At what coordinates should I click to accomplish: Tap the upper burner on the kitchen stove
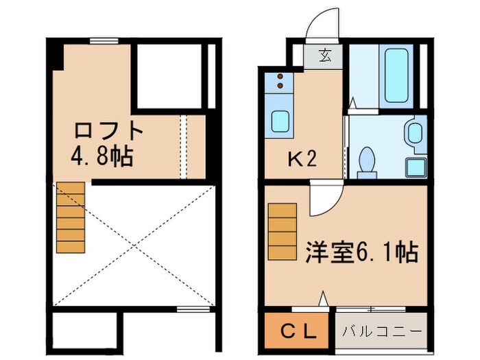click(280, 77)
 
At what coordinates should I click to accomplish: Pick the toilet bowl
click(368, 160)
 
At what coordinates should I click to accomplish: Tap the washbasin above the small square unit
click(414, 133)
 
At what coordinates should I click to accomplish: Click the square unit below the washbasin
click(415, 165)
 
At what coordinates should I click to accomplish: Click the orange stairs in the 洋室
click(280, 230)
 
